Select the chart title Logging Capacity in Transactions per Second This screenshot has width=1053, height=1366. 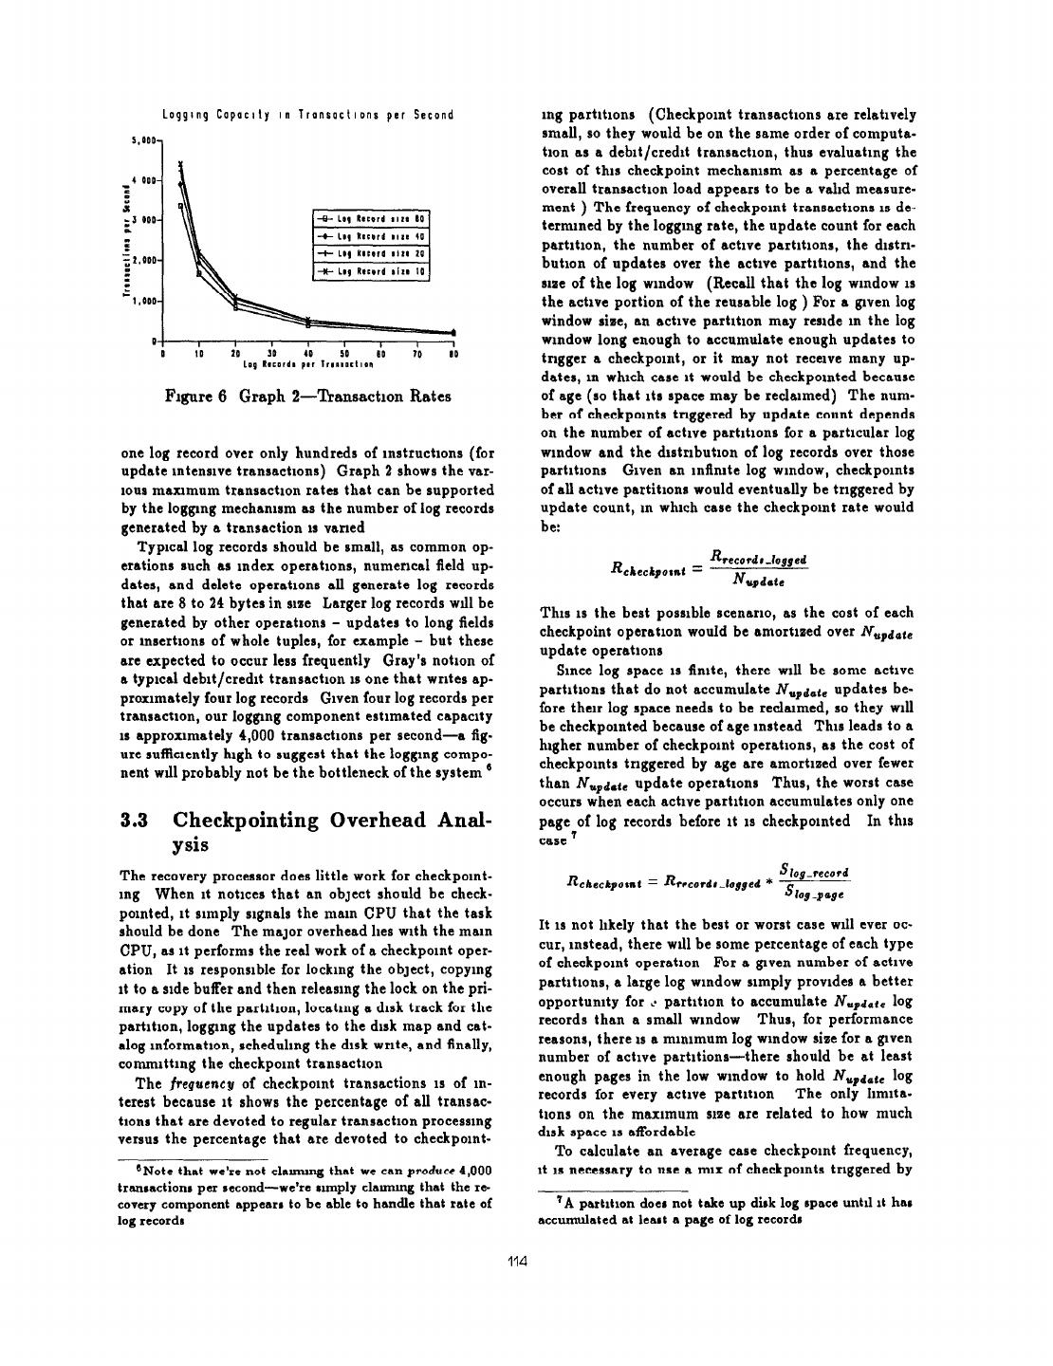click(x=307, y=115)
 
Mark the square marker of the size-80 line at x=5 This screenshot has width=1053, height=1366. click(x=181, y=206)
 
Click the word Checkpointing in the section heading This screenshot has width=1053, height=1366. click(x=249, y=820)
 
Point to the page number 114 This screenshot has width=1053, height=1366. click(x=516, y=1261)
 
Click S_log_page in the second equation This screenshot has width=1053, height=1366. click(x=812, y=891)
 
